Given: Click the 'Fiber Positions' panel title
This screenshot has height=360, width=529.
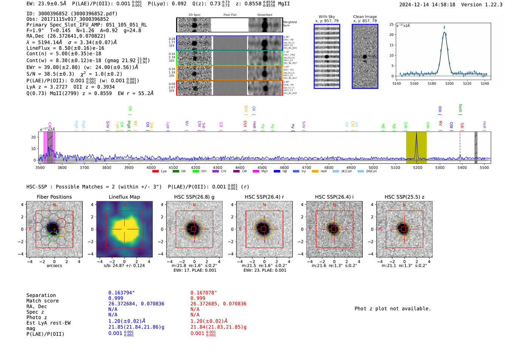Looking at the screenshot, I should (54, 197).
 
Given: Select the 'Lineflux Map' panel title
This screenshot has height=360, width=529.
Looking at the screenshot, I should (124, 197).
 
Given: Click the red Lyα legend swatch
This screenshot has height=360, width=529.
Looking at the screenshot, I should (155, 172).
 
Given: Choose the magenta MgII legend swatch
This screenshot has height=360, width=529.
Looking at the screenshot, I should (256, 172).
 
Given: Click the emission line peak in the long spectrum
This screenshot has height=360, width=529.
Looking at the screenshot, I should (416, 134).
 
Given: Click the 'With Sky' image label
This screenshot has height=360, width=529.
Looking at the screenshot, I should (327, 17).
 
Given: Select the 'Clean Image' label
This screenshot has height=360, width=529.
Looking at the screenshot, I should (365, 17).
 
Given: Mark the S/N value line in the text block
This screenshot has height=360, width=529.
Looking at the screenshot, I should (74, 74).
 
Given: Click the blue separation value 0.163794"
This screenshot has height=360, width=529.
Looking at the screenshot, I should (121, 293).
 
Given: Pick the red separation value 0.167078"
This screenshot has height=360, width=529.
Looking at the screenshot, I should (203, 293).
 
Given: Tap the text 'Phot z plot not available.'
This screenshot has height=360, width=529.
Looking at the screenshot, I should (393, 309).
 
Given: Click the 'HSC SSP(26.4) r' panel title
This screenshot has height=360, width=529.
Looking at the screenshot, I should (264, 197).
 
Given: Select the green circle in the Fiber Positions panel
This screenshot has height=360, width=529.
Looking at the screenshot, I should (53, 236).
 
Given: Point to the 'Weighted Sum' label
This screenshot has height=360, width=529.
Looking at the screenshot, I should (289, 24).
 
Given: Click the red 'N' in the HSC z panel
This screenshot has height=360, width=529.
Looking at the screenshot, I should (404, 205).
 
